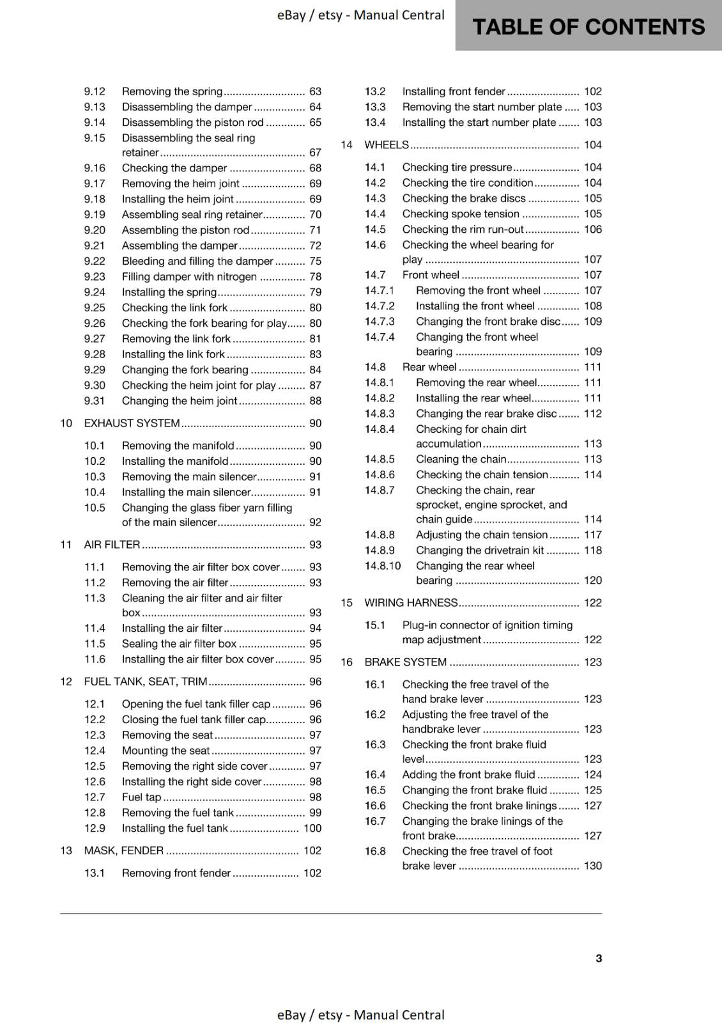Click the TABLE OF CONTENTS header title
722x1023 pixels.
coord(588,27)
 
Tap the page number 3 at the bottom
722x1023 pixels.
coord(598,958)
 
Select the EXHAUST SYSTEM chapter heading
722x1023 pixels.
coord(132,423)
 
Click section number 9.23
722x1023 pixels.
coord(95,277)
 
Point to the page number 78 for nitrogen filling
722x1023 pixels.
coord(315,277)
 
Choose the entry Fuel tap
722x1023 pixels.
coord(141,797)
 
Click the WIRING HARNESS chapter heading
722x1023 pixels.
coord(411,603)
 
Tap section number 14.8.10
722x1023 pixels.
coord(383,566)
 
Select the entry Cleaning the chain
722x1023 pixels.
coord(461,459)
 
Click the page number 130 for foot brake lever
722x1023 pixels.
coord(592,866)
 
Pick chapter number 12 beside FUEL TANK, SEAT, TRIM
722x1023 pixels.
coord(66,682)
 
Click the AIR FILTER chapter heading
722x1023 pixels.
coord(112,545)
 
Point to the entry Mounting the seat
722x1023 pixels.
coord(165,751)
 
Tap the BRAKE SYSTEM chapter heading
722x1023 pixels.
coord(405,662)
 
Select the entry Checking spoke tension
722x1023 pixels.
coord(460,214)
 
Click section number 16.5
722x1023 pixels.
coord(375,790)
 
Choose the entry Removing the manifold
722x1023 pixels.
coord(178,446)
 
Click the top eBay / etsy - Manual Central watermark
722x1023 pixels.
coord(360,15)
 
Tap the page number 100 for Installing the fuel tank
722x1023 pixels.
coord(312,828)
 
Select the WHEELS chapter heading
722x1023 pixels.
coord(386,145)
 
